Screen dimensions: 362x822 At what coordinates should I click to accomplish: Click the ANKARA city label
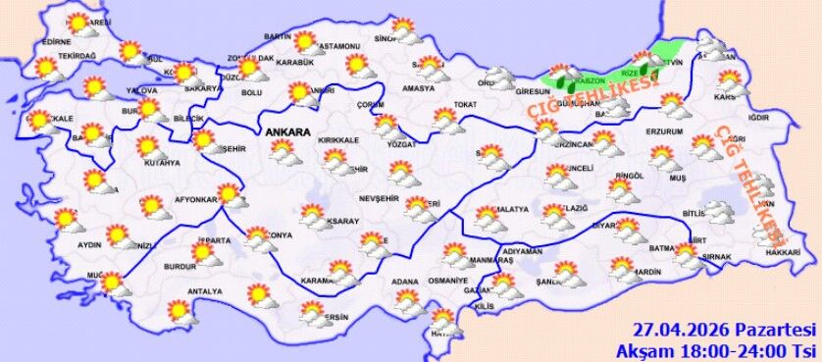click(x=284, y=132)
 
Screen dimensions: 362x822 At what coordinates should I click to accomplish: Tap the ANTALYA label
click(x=204, y=292)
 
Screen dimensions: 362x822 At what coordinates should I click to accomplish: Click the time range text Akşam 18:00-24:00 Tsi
click(x=718, y=350)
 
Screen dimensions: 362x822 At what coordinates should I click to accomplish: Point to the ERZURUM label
click(x=663, y=130)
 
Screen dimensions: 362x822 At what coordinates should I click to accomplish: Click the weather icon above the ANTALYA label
click(x=179, y=311)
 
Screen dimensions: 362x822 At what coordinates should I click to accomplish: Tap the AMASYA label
click(x=417, y=88)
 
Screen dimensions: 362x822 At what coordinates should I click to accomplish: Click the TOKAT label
click(x=465, y=104)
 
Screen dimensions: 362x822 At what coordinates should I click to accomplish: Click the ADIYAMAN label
click(x=521, y=251)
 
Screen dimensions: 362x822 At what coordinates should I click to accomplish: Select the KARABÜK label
click(x=294, y=63)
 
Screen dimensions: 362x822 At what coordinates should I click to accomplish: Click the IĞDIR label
click(x=757, y=119)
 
